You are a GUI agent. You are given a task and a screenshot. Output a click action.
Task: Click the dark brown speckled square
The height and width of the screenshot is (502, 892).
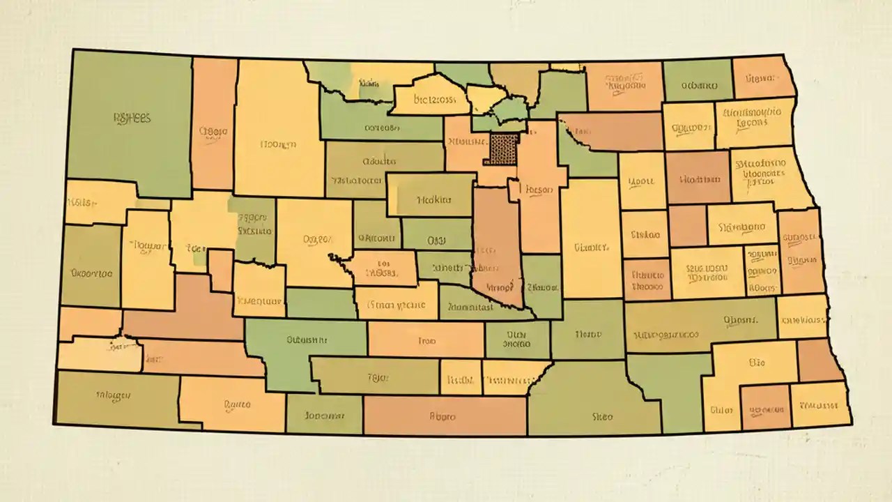(504, 149)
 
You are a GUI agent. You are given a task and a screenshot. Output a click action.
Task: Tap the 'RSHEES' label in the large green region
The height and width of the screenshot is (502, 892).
(131, 118)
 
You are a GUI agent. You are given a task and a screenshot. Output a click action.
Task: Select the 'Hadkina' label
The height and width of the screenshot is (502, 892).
(434, 199)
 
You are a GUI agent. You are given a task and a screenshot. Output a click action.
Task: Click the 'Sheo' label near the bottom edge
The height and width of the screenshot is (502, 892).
(602, 416)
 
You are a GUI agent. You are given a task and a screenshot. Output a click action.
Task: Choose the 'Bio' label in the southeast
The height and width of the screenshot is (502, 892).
(757, 362)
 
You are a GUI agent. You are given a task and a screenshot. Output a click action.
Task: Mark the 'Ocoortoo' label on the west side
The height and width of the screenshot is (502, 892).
(91, 274)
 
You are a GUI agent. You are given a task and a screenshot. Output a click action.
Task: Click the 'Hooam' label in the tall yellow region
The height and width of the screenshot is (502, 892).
(278, 144)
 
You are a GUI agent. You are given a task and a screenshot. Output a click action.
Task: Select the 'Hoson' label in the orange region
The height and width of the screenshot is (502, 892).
(538, 189)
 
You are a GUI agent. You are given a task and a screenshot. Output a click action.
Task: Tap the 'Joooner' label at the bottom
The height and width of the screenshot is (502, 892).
(325, 416)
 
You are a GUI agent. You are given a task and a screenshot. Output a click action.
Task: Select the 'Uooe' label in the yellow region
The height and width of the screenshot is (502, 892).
(641, 181)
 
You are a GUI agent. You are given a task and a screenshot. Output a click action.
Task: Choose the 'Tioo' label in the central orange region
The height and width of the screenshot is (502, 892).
(426, 341)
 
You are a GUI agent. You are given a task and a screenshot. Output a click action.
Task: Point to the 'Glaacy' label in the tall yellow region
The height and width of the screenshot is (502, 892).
(592, 247)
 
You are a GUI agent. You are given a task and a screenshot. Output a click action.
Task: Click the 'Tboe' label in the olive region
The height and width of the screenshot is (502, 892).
(377, 377)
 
